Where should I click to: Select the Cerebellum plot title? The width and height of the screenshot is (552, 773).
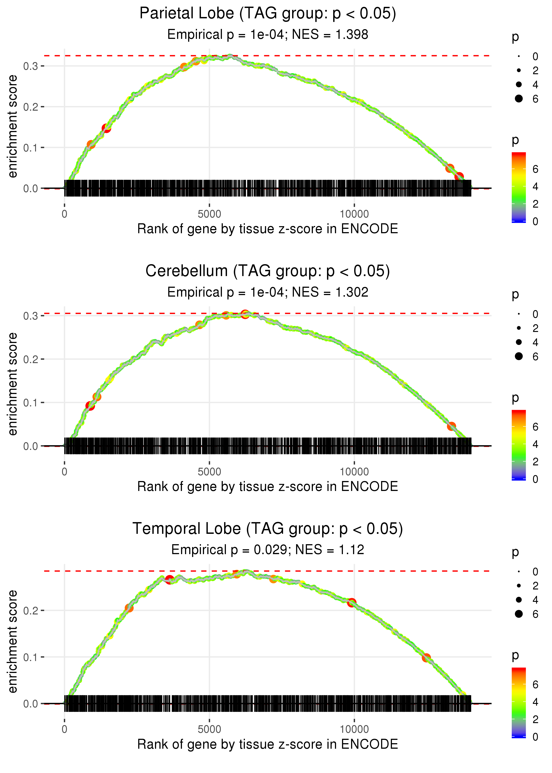(268, 271)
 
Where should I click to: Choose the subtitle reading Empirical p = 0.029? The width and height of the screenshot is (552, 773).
(268, 550)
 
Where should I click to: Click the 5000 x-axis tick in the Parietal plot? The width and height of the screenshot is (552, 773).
(209, 214)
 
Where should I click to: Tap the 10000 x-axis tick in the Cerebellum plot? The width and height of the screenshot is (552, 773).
(354, 472)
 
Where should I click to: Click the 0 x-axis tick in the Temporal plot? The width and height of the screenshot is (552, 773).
(64, 729)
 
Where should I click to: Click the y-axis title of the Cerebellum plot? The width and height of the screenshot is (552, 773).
(13, 384)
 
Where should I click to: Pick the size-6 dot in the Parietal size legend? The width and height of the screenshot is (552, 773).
(519, 99)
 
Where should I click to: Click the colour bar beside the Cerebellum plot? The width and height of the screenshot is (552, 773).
(519, 445)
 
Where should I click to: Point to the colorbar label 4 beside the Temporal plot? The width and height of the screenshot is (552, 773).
(535, 702)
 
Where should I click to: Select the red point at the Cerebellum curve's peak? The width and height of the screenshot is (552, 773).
(245, 314)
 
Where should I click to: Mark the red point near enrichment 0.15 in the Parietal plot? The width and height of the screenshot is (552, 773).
(106, 128)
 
